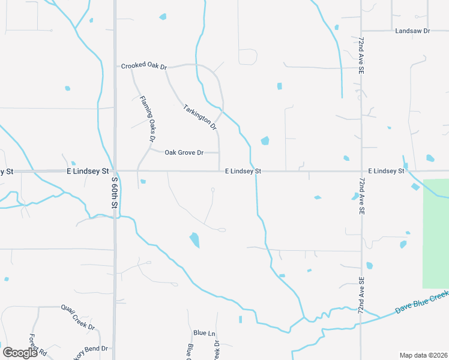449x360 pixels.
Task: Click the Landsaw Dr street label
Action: [413, 31]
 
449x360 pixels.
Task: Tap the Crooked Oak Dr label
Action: [143, 66]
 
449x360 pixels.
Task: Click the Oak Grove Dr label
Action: [184, 152]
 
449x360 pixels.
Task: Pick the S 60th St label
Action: [113, 191]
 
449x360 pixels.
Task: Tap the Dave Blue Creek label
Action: [423, 302]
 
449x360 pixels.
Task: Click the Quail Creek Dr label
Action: [78, 317]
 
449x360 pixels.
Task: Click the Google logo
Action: [20, 352]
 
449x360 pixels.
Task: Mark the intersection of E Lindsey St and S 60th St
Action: [115, 172]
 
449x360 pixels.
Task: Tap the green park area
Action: [436, 234]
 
